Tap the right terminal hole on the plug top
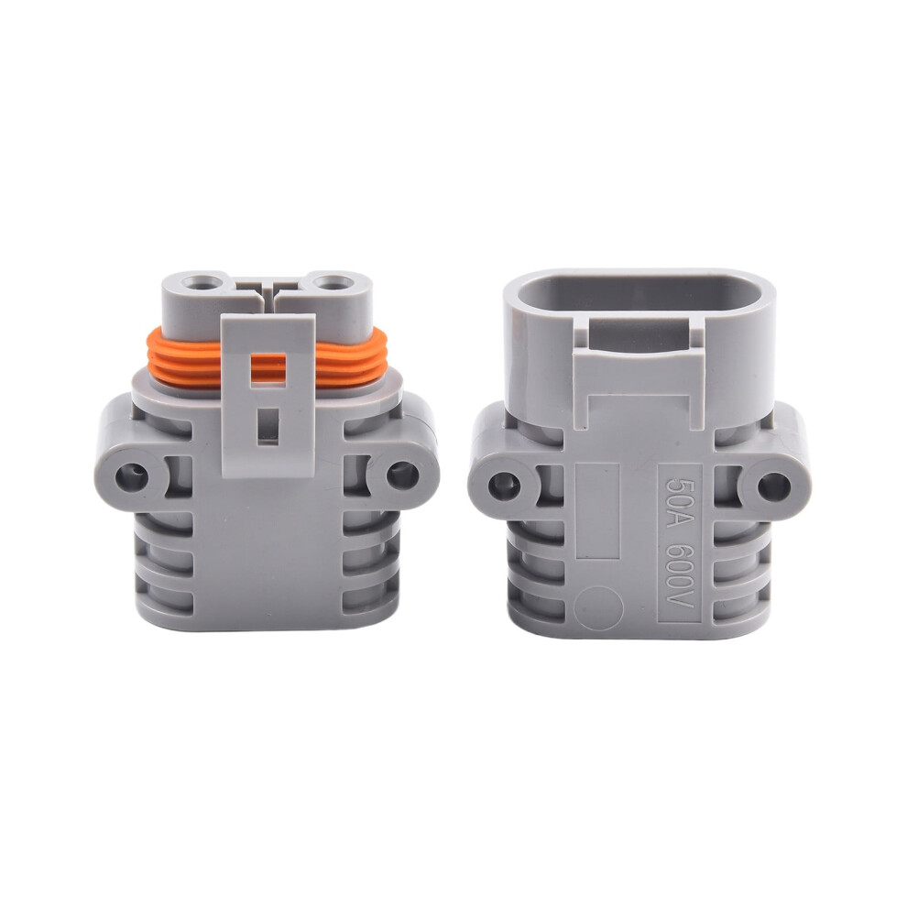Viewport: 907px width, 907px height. (332, 284)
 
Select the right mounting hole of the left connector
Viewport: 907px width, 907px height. (401, 475)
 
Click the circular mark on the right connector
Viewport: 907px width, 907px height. (599, 606)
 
